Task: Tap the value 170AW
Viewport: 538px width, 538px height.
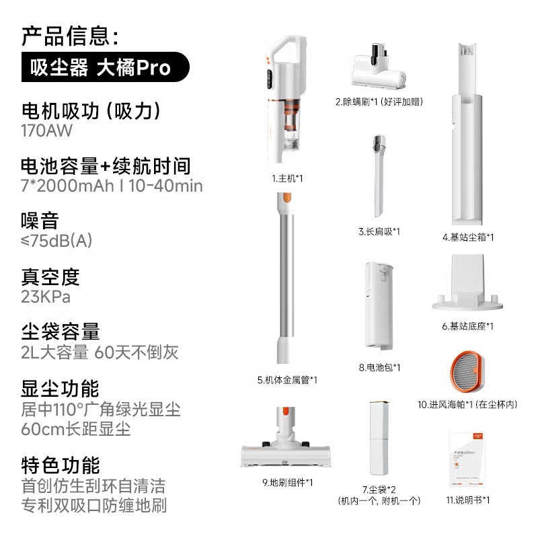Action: [47, 130]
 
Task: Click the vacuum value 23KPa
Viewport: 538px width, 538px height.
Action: [46, 297]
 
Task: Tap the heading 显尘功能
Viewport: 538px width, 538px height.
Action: [61, 389]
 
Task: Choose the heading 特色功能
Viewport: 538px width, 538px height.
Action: [61, 465]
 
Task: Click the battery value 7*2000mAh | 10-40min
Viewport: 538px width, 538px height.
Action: [112, 186]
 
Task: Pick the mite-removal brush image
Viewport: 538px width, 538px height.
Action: [378, 70]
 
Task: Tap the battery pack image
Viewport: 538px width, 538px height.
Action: [379, 307]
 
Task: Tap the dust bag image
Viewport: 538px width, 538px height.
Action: [379, 437]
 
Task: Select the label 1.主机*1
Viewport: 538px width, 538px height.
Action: [288, 179]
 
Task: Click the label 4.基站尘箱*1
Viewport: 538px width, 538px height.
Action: [468, 237]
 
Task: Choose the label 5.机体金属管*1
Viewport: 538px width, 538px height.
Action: [288, 380]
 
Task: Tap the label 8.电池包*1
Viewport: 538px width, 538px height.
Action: [379, 367]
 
